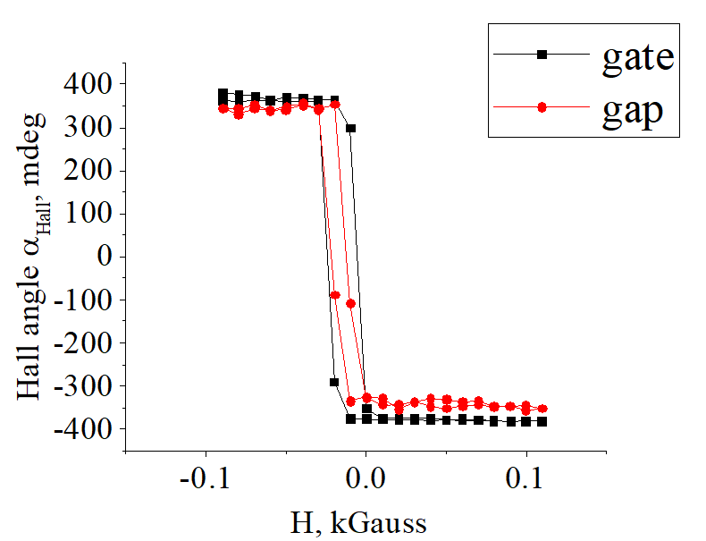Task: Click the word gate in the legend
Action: pyautogui.click(x=638, y=58)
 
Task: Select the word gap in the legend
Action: pyautogui.click(x=633, y=113)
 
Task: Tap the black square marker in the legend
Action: pyautogui.click(x=542, y=55)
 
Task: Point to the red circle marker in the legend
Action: pyautogui.click(x=542, y=107)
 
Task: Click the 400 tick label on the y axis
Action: pyautogui.click(x=88, y=84)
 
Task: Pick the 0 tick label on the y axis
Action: pyautogui.click(x=104, y=257)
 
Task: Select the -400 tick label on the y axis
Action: pyautogui.click(x=82, y=430)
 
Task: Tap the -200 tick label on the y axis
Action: pyautogui.click(x=82, y=343)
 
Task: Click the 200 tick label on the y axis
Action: pyautogui.click(x=88, y=171)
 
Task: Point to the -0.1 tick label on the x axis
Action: pyautogui.click(x=206, y=478)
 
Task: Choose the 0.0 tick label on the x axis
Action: pyautogui.click(x=366, y=478)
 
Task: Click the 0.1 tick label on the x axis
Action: pyautogui.click(x=525, y=478)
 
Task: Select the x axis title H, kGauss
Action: pyautogui.click(x=358, y=523)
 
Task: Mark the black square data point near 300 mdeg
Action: pyautogui.click(x=350, y=129)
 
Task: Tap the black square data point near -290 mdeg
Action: pyautogui.click(x=334, y=382)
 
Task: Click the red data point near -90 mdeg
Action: pyautogui.click(x=335, y=295)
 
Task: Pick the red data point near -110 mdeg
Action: pyautogui.click(x=350, y=304)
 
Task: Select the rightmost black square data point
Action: pyautogui.click(x=542, y=422)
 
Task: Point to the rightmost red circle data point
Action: pyautogui.click(x=542, y=409)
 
